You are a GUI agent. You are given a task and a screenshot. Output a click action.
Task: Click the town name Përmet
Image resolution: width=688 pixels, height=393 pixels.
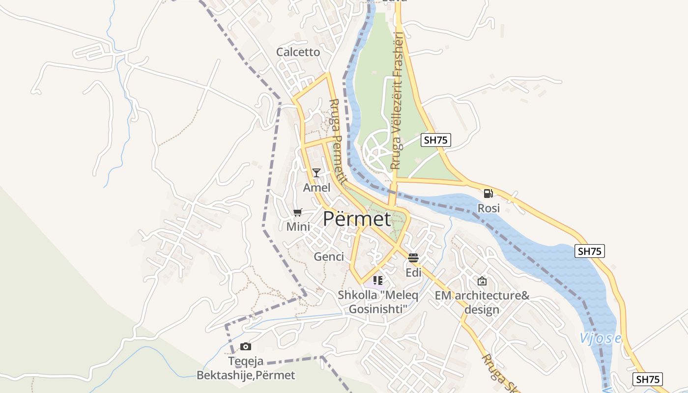[357, 219]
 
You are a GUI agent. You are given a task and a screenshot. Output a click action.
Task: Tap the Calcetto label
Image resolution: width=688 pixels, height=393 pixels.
[298, 52]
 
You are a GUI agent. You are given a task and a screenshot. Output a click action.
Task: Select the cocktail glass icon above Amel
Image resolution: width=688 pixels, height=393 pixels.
[316, 172]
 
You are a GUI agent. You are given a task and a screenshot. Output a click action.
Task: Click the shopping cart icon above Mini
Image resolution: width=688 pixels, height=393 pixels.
[297, 212]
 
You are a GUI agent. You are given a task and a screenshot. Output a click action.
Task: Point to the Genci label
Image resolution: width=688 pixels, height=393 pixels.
[329, 256]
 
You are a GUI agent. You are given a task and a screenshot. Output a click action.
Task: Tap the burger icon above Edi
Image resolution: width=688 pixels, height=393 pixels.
[413, 258]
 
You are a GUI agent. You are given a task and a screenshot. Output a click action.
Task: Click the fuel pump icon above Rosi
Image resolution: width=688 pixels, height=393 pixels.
[488, 194]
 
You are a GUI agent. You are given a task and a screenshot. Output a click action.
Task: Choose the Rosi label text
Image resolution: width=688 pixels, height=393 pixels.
[488, 208]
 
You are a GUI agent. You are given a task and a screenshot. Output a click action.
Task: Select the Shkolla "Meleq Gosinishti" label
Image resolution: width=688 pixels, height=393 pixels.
[378, 302]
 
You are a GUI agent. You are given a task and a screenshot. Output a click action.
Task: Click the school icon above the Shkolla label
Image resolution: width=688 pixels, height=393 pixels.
[377, 281]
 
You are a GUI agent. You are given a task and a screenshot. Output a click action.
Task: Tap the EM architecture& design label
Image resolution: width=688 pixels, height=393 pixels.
[482, 303]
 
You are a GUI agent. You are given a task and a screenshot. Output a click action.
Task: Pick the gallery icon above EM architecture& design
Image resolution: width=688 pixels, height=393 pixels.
[482, 281]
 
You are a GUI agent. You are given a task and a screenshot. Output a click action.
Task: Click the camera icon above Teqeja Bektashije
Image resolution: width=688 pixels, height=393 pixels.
[246, 347]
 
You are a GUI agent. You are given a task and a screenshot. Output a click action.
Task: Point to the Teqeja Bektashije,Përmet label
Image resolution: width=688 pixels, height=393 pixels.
[246, 368]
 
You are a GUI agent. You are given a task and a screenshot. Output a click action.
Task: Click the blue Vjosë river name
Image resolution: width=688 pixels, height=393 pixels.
[600, 338]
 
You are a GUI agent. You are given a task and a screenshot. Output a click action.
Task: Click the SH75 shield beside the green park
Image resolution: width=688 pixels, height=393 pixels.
[436, 140]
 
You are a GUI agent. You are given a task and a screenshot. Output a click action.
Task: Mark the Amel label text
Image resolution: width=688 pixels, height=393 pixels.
[316, 188]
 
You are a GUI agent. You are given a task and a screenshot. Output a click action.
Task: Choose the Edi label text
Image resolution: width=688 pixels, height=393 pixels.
[413, 273]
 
